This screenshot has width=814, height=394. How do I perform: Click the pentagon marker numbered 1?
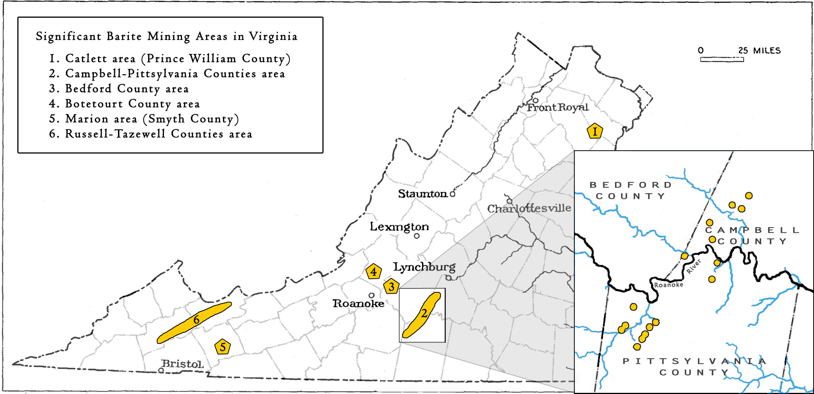[x=595, y=131]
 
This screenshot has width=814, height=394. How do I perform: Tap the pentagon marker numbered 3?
[x=391, y=286]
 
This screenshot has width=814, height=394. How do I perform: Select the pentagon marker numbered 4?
[x=373, y=271]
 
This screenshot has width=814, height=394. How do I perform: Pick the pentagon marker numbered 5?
[x=222, y=347]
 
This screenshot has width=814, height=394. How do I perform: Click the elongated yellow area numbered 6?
[x=194, y=322]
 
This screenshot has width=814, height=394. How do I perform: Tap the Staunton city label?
[x=422, y=194]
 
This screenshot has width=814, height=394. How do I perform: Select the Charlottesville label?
[x=529, y=208]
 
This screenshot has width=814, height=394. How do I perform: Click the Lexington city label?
[x=399, y=226]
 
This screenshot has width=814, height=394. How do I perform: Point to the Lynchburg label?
[x=424, y=267]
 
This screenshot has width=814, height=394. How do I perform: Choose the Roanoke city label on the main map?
[x=358, y=303]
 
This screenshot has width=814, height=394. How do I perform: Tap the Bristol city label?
[x=182, y=364]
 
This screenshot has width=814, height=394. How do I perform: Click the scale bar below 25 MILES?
[x=722, y=59]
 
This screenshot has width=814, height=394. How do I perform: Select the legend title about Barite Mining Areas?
[x=167, y=37]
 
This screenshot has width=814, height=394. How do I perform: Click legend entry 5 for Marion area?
[x=144, y=119]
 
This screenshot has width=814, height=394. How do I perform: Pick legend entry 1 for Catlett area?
[x=170, y=59]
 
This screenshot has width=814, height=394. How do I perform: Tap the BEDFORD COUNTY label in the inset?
[x=630, y=190]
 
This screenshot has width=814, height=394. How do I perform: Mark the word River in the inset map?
[x=693, y=266]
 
